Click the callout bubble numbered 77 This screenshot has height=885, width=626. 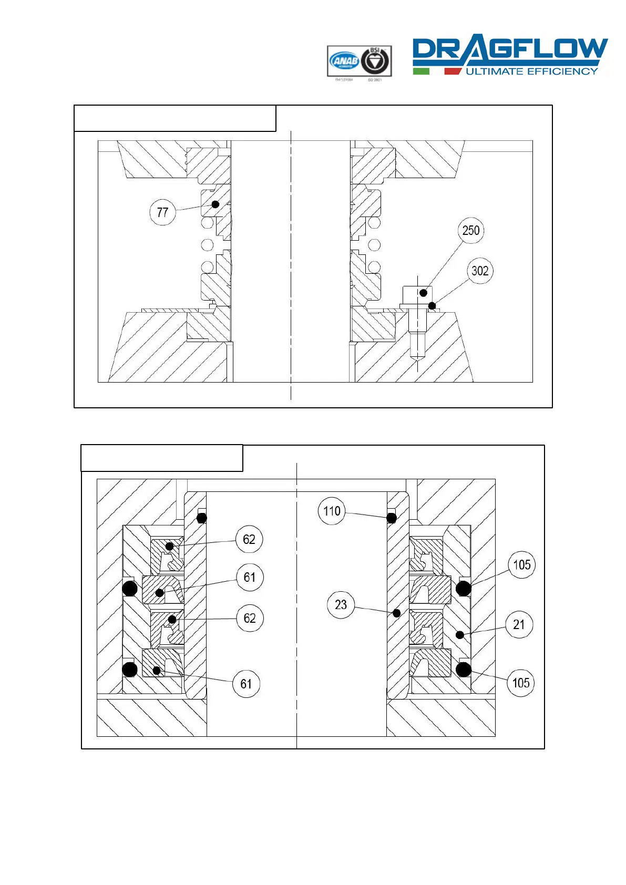(162, 212)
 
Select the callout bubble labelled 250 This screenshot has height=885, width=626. (470, 230)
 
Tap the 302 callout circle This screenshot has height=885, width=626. (480, 271)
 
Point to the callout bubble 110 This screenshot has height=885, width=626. (332, 511)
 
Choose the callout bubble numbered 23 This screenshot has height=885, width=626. (341, 605)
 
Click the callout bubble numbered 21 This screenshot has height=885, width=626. (519, 624)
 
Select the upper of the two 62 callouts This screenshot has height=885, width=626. (249, 539)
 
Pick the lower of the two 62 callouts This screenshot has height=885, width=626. (250, 618)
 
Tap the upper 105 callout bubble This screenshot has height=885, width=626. (521, 565)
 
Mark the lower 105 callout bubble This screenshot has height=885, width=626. (521, 683)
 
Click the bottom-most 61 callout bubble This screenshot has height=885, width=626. (246, 684)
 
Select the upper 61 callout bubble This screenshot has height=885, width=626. (250, 577)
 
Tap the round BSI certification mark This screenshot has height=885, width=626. (375, 61)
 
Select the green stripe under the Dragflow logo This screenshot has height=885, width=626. (421, 71)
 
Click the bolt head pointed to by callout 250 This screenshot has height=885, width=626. (417, 294)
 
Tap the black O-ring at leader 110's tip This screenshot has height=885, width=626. (392, 518)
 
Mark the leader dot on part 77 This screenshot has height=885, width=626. (215, 204)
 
